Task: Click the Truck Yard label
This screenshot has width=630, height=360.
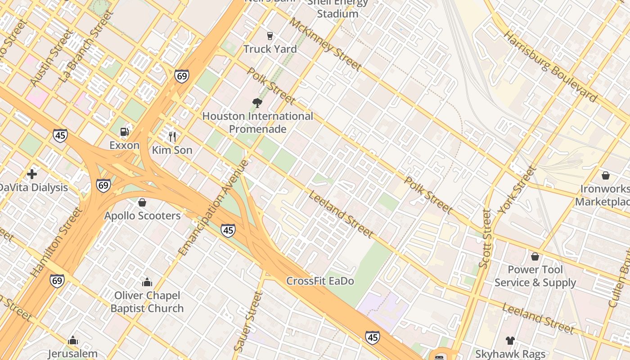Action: click(x=270, y=49)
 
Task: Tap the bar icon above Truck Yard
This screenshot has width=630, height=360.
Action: click(x=270, y=36)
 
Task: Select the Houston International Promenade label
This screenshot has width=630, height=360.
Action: click(x=257, y=122)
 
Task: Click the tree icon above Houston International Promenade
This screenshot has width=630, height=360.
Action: click(x=257, y=103)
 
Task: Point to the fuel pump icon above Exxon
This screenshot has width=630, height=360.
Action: click(x=124, y=132)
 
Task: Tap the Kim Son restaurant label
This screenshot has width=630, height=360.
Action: click(x=172, y=150)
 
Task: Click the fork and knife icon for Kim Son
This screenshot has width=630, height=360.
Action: click(x=172, y=136)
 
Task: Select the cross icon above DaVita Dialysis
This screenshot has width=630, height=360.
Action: click(x=32, y=174)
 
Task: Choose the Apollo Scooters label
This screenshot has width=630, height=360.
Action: click(x=143, y=216)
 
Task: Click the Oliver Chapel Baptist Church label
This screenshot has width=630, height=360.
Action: click(x=147, y=302)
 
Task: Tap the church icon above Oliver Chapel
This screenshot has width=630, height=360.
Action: click(x=147, y=282)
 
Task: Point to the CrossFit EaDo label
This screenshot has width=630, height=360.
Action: click(x=320, y=281)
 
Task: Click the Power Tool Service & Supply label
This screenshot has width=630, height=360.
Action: click(x=535, y=276)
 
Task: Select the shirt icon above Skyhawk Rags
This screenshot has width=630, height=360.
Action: click(x=510, y=340)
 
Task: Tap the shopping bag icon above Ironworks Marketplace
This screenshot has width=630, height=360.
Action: click(x=606, y=175)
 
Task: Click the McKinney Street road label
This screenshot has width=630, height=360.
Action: click(x=325, y=44)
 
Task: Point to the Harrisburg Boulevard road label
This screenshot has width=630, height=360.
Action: click(x=550, y=67)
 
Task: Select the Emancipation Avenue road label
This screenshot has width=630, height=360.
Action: click(x=213, y=208)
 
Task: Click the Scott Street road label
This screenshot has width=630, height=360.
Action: click(x=485, y=238)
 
